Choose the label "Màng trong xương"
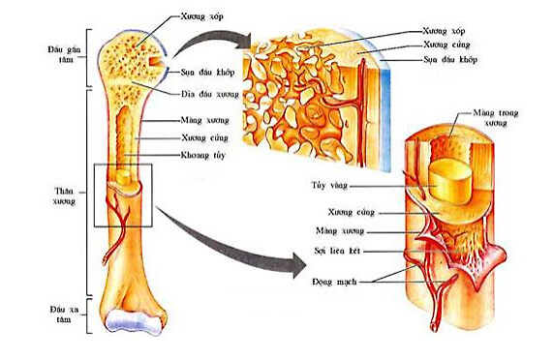tap(495, 117)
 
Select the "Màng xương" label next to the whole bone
tap(200, 121)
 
